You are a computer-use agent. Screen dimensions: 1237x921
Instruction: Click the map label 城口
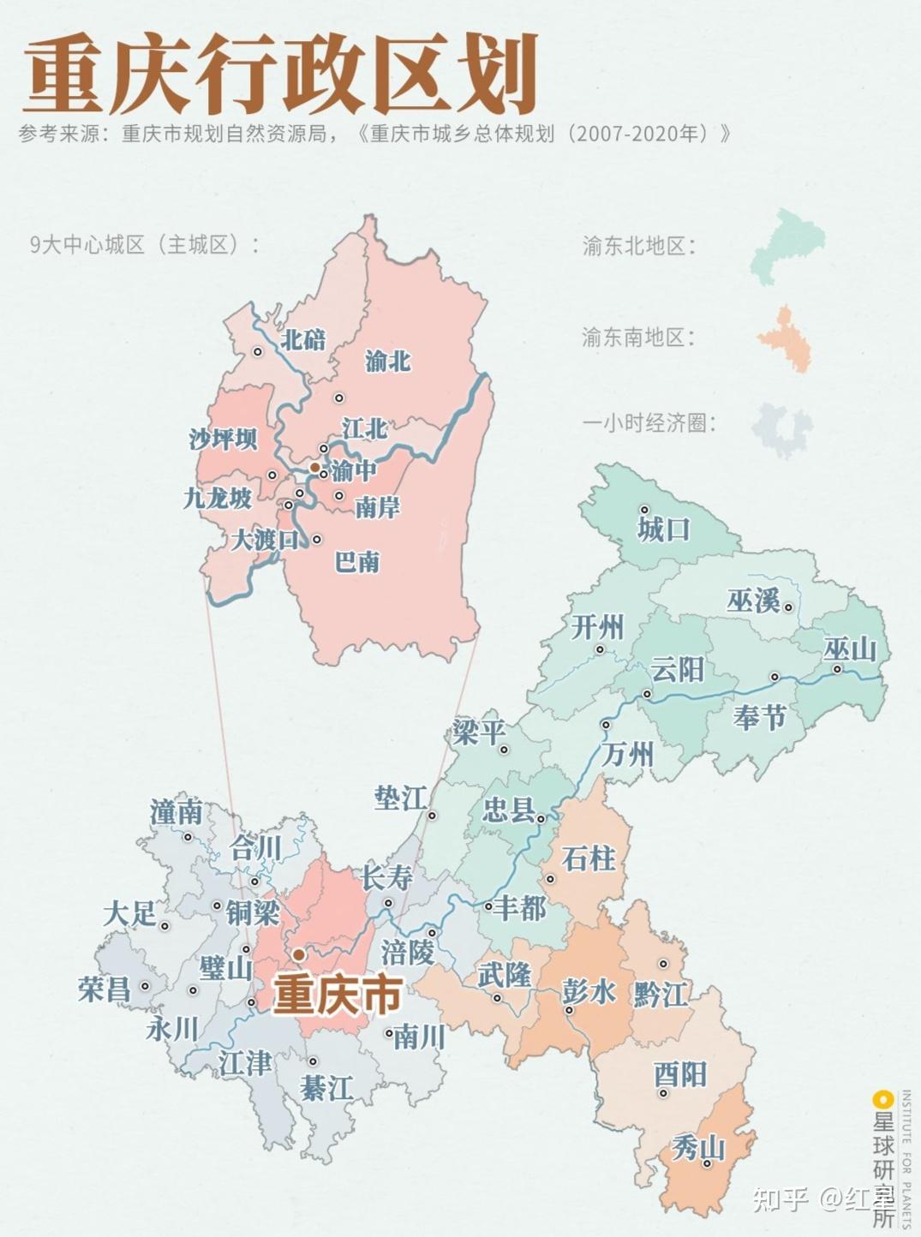coord(663,529)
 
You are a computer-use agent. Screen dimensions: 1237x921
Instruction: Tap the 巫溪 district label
coord(753,601)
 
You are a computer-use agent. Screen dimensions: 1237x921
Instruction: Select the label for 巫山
coord(850,650)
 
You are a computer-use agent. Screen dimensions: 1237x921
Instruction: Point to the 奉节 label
coord(759,716)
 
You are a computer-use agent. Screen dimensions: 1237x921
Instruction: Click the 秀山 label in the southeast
coord(697,1147)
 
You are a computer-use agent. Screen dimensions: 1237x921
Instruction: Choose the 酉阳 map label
coord(680,1074)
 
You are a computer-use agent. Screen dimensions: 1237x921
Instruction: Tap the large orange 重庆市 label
coord(337,995)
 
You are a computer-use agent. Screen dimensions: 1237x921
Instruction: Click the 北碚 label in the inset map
coord(304,340)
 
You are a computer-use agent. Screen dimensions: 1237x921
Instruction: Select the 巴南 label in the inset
coord(356,562)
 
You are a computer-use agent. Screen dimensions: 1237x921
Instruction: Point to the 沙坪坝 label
coord(223,439)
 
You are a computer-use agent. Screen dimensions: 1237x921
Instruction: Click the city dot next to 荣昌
coord(145,986)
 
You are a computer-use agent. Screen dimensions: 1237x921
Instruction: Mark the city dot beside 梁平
coord(505,750)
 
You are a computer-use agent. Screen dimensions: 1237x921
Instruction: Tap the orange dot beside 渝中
coord(314,468)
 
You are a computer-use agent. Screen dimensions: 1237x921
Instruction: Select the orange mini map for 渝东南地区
coord(786,338)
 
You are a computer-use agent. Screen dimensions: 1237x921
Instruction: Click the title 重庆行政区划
coord(279,75)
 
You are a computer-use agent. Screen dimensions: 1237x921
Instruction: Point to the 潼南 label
coord(176,812)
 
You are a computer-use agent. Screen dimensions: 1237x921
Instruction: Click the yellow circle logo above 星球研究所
coord(878,1099)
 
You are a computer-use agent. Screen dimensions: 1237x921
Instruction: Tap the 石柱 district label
coord(589,858)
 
